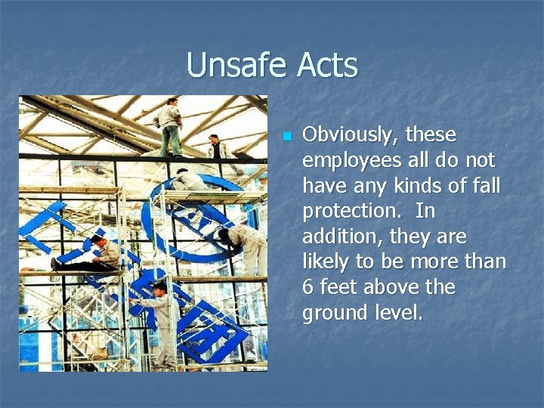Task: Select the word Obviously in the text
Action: pyautogui.click(x=349, y=135)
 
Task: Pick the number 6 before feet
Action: pyautogui.click(x=308, y=288)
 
